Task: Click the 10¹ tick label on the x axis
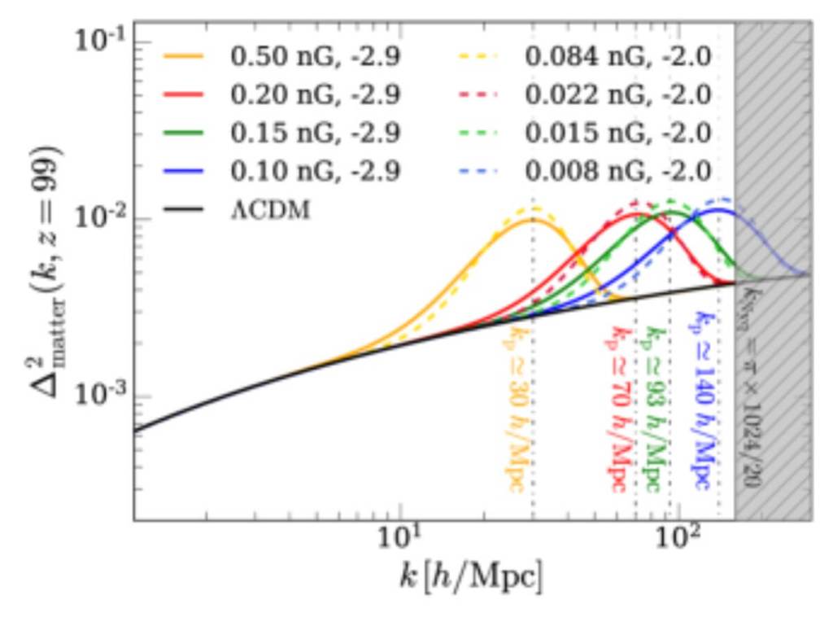tap(399, 541)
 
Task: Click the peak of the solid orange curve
tap(530, 219)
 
